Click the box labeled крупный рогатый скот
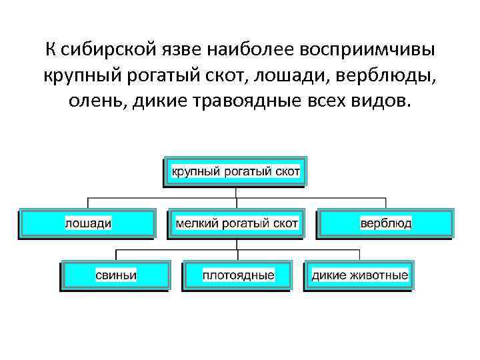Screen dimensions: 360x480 coord(236,172)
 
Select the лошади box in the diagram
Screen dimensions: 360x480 coord(87,223)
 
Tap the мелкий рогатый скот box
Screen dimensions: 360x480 coord(236,223)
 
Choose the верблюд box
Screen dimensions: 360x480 coord(385,223)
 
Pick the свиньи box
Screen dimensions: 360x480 coord(115,275)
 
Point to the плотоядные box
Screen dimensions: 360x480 coord(238,275)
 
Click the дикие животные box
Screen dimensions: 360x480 coord(359,275)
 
